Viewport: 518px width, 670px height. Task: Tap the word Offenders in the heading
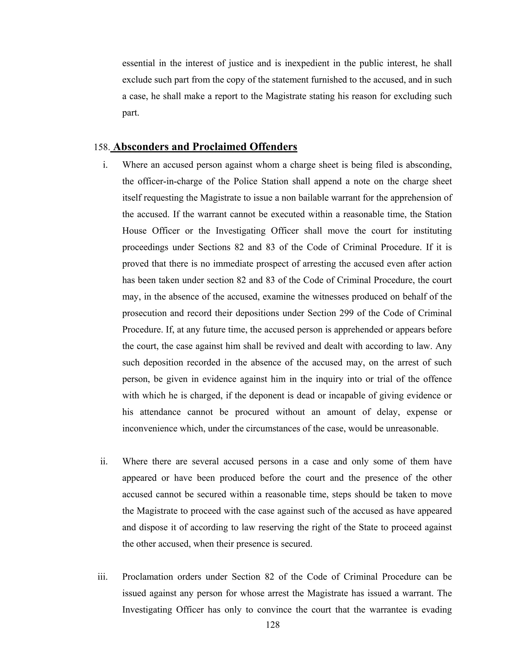[x=273, y=147]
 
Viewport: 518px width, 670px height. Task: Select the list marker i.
[x=105, y=165]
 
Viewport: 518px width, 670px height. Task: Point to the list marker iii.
[x=103, y=577]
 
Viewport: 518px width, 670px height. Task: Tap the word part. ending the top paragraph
[x=131, y=113]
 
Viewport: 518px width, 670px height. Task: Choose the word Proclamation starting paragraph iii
[x=147, y=577]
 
